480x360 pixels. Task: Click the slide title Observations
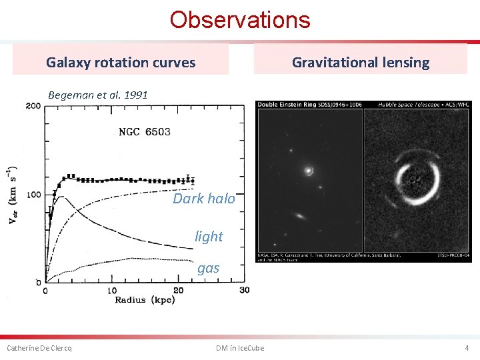pos(239,20)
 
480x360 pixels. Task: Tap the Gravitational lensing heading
pos(361,63)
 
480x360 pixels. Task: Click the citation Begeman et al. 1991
pos(98,95)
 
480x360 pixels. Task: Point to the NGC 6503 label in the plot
pos(144,131)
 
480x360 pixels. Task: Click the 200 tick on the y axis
pos(33,106)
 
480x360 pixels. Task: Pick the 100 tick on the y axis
pos(33,195)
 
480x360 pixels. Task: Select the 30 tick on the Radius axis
pos(244,291)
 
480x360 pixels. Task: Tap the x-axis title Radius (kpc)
pos(144,300)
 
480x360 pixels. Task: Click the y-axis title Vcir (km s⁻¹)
pos(14,194)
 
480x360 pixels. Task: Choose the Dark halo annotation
pos(204,199)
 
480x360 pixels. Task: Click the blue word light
pos(209,236)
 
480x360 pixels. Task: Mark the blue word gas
pos(208,268)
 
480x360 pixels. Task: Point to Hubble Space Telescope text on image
pos(407,105)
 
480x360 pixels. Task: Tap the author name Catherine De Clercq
pos(39,348)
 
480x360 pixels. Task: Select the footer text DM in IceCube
pos(240,348)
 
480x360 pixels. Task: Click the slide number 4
pos(467,348)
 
